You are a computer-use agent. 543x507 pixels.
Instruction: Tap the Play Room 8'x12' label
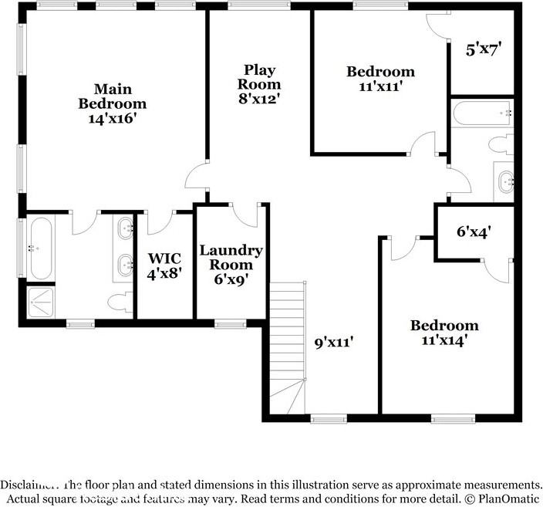pos(258,84)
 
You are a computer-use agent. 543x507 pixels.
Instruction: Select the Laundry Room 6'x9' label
pos(231,264)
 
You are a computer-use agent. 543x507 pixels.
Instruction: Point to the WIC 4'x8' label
pos(164,265)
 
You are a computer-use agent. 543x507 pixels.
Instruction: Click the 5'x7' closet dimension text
pos(484,49)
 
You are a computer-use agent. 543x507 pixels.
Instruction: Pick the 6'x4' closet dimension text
pos(473,232)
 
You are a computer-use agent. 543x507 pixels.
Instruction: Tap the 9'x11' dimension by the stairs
pos(333,341)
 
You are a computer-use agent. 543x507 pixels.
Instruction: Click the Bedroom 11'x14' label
pos(444,332)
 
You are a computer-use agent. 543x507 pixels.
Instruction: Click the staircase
pos(288,332)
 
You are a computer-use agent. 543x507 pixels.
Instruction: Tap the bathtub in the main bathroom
pos(40,248)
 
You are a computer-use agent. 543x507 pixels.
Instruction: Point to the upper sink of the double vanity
pos(126,228)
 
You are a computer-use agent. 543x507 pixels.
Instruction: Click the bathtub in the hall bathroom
pos(483,113)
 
